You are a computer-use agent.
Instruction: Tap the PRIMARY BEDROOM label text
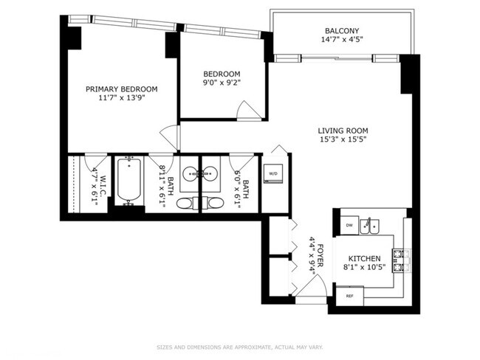point(121,89)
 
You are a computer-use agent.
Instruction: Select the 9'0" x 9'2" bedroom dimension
point(222,84)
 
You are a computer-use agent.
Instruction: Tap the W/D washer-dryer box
point(273,173)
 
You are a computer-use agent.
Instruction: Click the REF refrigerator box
point(350,295)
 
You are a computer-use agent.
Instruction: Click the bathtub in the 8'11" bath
point(130,183)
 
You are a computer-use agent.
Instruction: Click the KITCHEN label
point(364,258)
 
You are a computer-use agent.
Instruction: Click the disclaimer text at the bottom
point(240,347)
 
